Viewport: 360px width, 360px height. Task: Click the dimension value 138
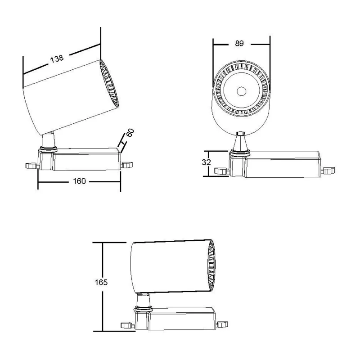[57, 58]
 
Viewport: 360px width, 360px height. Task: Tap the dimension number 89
[239, 43]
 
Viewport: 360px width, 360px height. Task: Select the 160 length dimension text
[79, 181]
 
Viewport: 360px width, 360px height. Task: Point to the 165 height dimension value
[101, 282]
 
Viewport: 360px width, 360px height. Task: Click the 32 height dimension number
[206, 162]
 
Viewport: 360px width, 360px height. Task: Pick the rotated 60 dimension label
[130, 133]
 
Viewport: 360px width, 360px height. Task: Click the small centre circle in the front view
[241, 92]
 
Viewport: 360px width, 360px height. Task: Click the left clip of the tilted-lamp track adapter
[32, 166]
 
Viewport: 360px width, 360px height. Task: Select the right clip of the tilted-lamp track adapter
[127, 165]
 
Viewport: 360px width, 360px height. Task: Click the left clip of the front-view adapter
[222, 171]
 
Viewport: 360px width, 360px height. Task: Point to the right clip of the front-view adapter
[328, 171]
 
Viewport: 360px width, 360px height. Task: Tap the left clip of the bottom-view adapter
[128, 325]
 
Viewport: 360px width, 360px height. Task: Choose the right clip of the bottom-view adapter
[222, 324]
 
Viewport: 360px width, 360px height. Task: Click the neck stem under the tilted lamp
[48, 140]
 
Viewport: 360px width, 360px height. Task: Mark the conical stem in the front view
[240, 142]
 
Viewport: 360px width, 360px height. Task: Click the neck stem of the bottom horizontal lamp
[144, 300]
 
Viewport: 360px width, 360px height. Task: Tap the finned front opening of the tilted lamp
[109, 84]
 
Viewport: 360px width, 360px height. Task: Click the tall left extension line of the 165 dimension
[103, 287]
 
